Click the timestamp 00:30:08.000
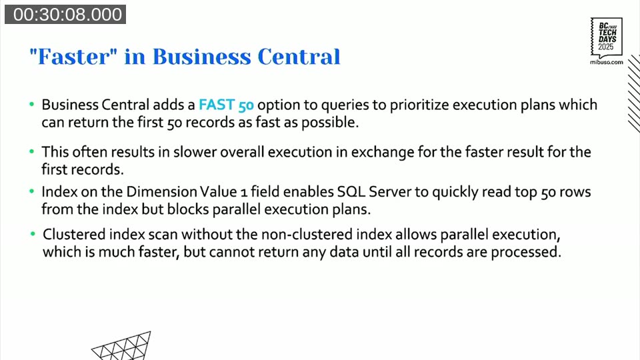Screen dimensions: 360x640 (x=65, y=14)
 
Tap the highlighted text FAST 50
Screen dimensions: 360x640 (x=226, y=105)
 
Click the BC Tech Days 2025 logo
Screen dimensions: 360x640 (x=606, y=37)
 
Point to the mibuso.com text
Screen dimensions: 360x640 (x=607, y=61)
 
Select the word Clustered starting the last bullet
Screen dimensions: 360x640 (x=72, y=236)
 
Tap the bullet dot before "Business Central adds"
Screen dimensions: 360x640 (x=31, y=105)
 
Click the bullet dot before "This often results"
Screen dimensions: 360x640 (x=31, y=152)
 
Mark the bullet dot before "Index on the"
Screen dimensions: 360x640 (x=31, y=192)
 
